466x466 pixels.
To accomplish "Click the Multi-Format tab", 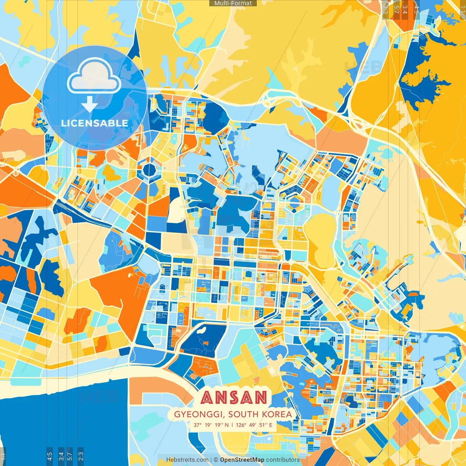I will (x=233, y=3).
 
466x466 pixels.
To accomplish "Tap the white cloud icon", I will (x=94, y=78).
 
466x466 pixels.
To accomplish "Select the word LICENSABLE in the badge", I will (x=94, y=123).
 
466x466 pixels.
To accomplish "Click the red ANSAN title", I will (x=234, y=398).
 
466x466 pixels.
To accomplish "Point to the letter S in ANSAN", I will (x=233, y=398).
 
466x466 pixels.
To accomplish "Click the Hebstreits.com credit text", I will (x=187, y=460).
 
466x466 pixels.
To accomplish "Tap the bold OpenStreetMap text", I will (x=242, y=460).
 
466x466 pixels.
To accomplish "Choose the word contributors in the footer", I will (x=283, y=460).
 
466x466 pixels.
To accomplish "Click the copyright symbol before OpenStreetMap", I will (x=216, y=460).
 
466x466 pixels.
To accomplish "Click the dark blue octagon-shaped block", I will (x=149, y=169).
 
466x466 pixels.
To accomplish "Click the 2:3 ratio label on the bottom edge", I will (x=80, y=456).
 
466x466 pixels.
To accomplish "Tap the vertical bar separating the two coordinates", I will (x=232, y=425).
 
